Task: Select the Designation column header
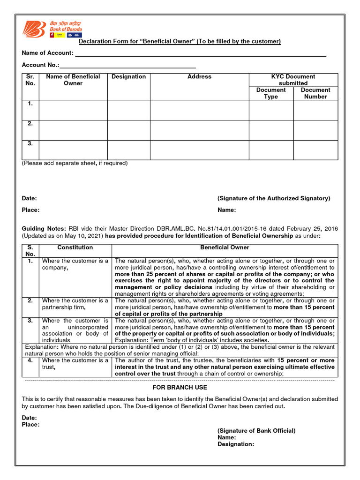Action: point(128,77)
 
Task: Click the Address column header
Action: point(199,77)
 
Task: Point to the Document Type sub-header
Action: point(271,93)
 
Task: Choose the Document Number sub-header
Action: point(315,93)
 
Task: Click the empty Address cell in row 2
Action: point(199,130)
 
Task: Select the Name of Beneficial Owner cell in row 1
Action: point(73,110)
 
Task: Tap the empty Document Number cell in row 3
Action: point(315,150)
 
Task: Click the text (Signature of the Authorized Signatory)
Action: point(274,198)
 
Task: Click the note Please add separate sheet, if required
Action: point(75,164)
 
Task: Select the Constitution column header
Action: point(75,247)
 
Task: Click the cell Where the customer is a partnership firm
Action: point(75,304)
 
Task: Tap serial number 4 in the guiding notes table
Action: point(30,360)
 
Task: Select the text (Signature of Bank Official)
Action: point(256,431)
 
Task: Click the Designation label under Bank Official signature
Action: point(236,444)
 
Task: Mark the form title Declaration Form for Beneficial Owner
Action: point(180,42)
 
